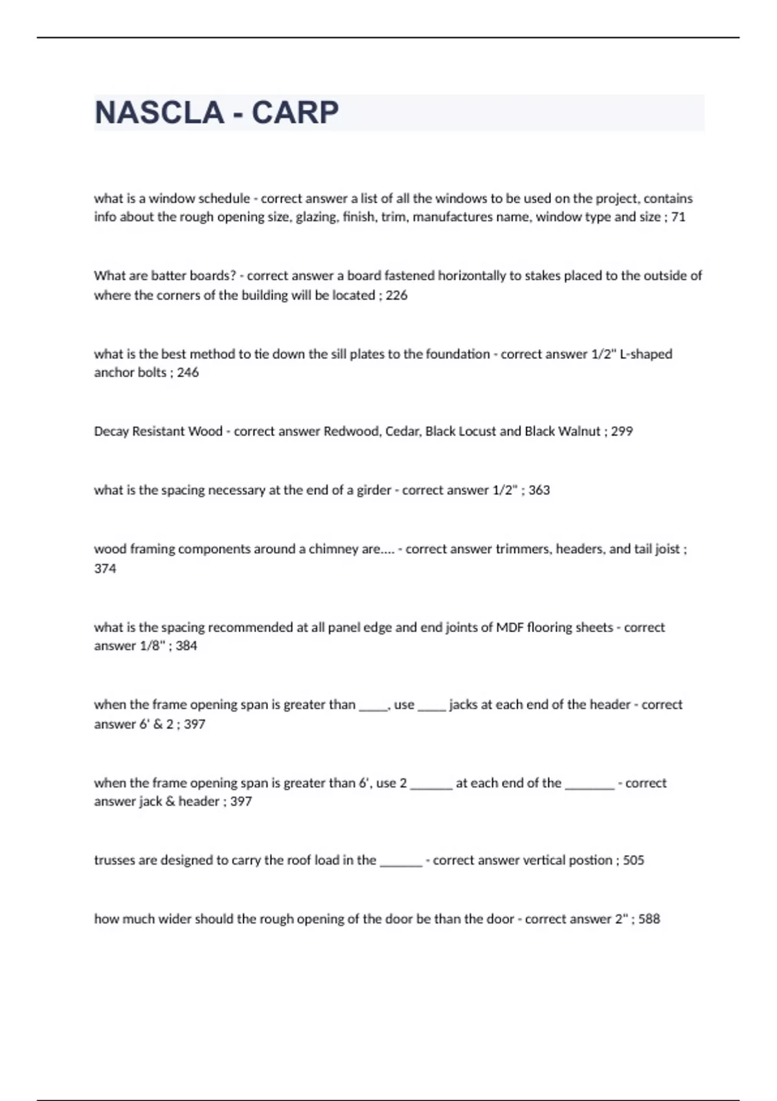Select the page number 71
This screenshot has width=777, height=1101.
[678, 217]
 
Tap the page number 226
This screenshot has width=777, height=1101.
[396, 295]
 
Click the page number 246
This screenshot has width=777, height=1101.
[188, 372]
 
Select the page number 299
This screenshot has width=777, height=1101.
[622, 431]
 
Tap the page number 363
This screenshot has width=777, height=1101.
[539, 490]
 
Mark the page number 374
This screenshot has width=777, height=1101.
[105, 569]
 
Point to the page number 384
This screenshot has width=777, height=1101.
[186, 646]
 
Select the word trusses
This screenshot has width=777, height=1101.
[115, 860]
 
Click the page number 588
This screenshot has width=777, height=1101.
[649, 919]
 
